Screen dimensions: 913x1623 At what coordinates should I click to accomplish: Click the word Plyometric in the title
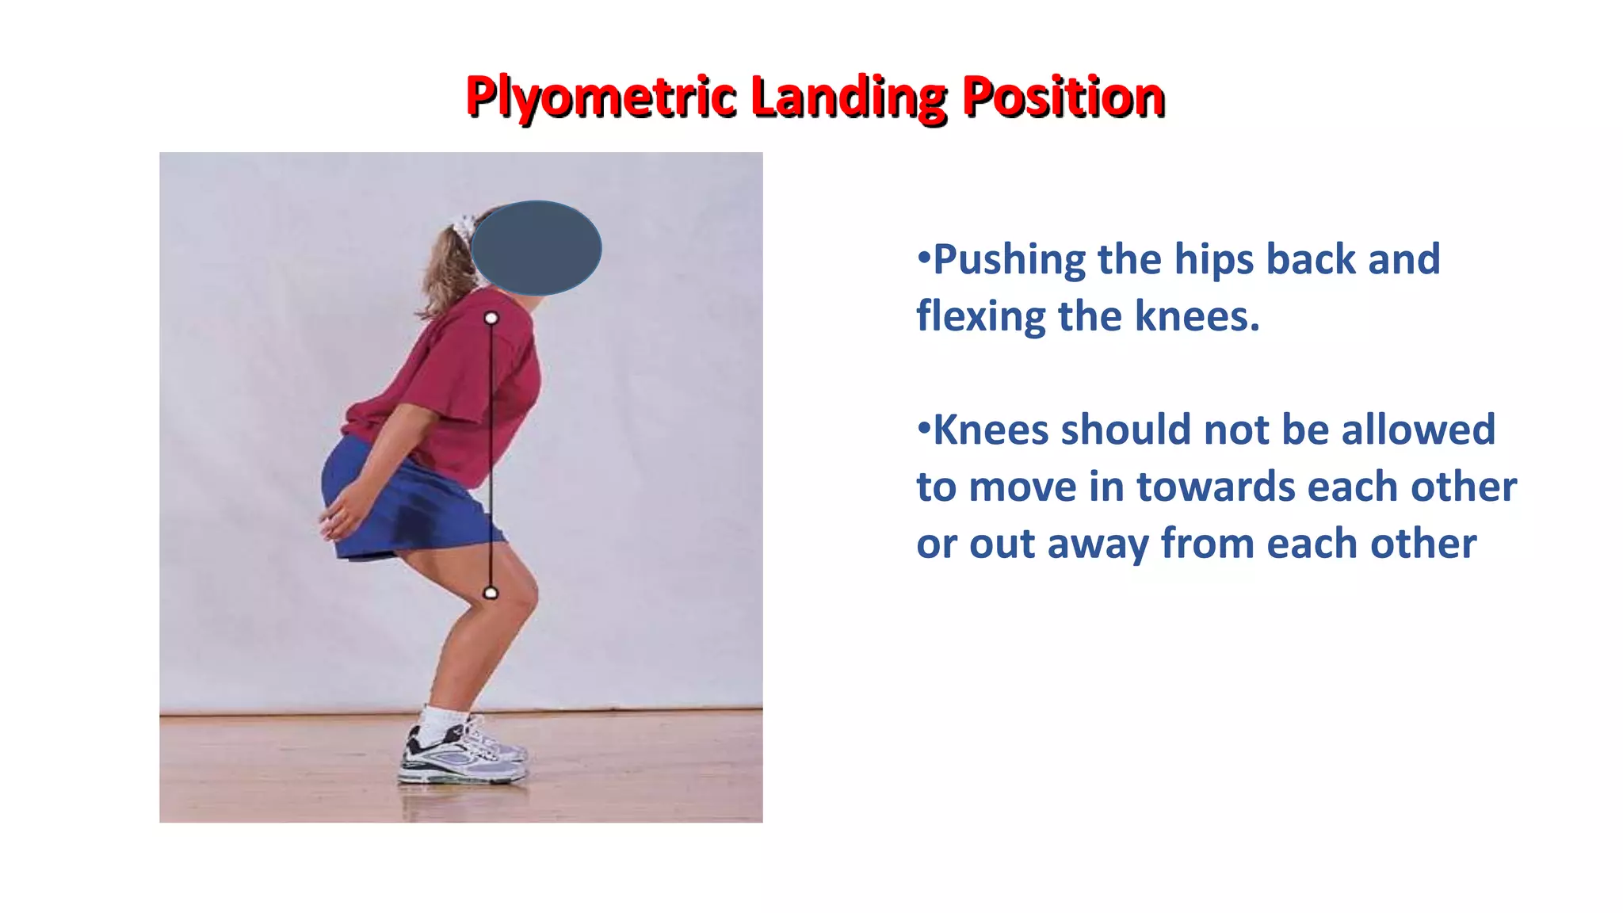point(601,97)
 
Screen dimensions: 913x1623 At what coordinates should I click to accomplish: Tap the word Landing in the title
point(848,97)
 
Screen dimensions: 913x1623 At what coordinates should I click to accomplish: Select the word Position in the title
point(1063,97)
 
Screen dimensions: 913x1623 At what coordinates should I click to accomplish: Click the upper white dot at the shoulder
point(491,318)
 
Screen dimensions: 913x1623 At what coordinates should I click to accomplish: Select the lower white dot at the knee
point(491,593)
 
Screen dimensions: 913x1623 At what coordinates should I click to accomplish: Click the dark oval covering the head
point(537,248)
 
